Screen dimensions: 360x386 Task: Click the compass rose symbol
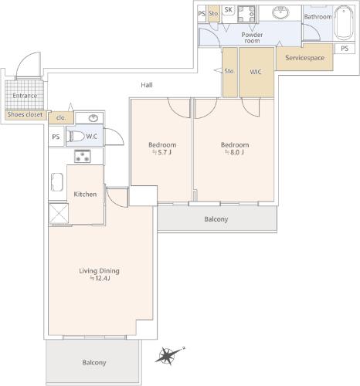[x=168, y=356]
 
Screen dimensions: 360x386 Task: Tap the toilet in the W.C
[x=76, y=136]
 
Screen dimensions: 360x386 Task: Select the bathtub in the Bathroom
[x=344, y=22]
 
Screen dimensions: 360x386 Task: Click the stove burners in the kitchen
[x=83, y=156]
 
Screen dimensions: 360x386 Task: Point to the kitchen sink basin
[x=57, y=182]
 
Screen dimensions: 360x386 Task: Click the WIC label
[x=256, y=72]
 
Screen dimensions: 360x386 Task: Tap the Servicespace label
[x=304, y=58]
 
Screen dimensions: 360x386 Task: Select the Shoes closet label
[x=25, y=114]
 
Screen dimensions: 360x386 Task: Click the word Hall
[x=147, y=85]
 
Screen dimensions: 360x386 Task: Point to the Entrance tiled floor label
[x=25, y=96]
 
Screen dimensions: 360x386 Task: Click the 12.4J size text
[x=100, y=278]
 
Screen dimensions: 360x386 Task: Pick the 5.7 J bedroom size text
[x=161, y=152]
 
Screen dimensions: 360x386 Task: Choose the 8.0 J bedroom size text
[x=234, y=152]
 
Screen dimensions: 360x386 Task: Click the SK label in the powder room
[x=229, y=10]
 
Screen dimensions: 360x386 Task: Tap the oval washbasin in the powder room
[x=280, y=12]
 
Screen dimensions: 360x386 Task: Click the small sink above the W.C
[x=93, y=118]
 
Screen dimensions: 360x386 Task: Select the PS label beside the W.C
[x=56, y=137]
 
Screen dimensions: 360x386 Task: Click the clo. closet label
[x=61, y=117]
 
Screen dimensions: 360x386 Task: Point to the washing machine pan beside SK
[x=246, y=14]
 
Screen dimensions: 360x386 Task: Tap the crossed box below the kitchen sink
[x=59, y=213]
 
